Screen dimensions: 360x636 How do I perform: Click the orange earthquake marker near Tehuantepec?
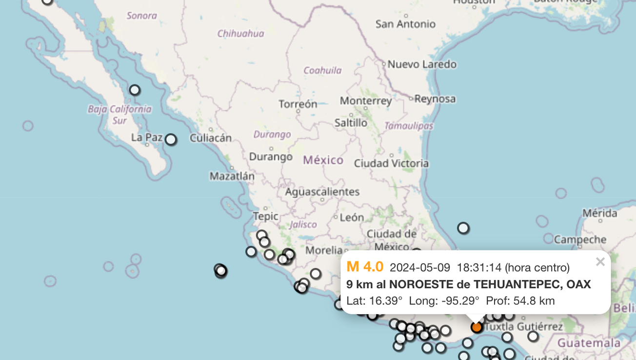[x=477, y=327]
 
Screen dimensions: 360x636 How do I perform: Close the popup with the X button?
[x=600, y=262]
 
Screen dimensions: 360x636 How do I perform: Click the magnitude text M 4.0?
[x=365, y=267]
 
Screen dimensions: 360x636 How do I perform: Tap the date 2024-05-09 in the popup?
[x=420, y=268]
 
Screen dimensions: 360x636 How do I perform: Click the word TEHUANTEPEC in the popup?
[x=516, y=284]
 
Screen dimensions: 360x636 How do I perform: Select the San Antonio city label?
[x=405, y=24]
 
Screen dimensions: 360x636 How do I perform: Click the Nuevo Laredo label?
[x=422, y=64]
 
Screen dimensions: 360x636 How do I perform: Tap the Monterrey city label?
[x=366, y=101]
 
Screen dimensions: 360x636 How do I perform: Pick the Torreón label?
[x=298, y=104]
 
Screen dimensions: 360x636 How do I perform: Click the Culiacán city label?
[x=210, y=138]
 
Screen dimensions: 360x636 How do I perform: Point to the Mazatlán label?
[x=232, y=176]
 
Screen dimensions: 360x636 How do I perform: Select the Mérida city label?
[x=599, y=213]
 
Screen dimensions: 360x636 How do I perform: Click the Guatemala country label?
[x=589, y=343]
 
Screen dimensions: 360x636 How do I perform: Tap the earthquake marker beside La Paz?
[x=171, y=140]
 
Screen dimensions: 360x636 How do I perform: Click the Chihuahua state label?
[x=240, y=34]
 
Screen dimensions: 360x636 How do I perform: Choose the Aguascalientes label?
[x=322, y=192]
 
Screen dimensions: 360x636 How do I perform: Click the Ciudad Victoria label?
[x=391, y=163]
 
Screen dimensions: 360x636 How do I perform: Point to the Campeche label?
[x=580, y=240]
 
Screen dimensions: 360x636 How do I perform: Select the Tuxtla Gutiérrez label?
[x=523, y=326]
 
